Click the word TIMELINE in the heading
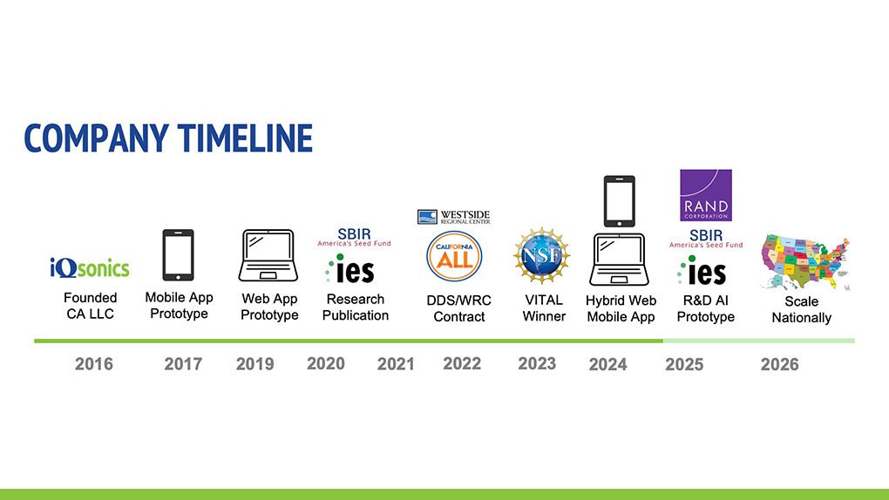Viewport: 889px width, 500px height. click(x=245, y=138)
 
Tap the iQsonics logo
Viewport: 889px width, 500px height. click(x=90, y=267)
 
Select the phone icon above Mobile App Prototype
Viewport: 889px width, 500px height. click(x=178, y=255)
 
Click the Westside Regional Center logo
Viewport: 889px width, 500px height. click(x=453, y=217)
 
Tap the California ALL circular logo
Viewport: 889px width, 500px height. click(x=454, y=256)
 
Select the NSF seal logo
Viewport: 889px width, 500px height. click(x=541, y=256)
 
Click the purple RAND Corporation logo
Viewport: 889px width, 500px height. click(x=705, y=196)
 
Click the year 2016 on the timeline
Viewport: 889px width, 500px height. click(x=94, y=364)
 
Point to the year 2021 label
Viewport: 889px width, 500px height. click(x=396, y=364)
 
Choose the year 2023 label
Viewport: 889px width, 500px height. click(x=537, y=363)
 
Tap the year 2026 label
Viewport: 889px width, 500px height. click(x=779, y=364)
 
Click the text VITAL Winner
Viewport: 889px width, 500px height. click(x=544, y=307)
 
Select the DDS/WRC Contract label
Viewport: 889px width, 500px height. click(x=459, y=308)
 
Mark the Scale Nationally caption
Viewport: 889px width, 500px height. click(x=801, y=309)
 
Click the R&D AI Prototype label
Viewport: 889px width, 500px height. click(x=705, y=307)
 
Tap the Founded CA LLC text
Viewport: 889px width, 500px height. click(x=90, y=306)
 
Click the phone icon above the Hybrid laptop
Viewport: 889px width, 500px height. click(x=619, y=201)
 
